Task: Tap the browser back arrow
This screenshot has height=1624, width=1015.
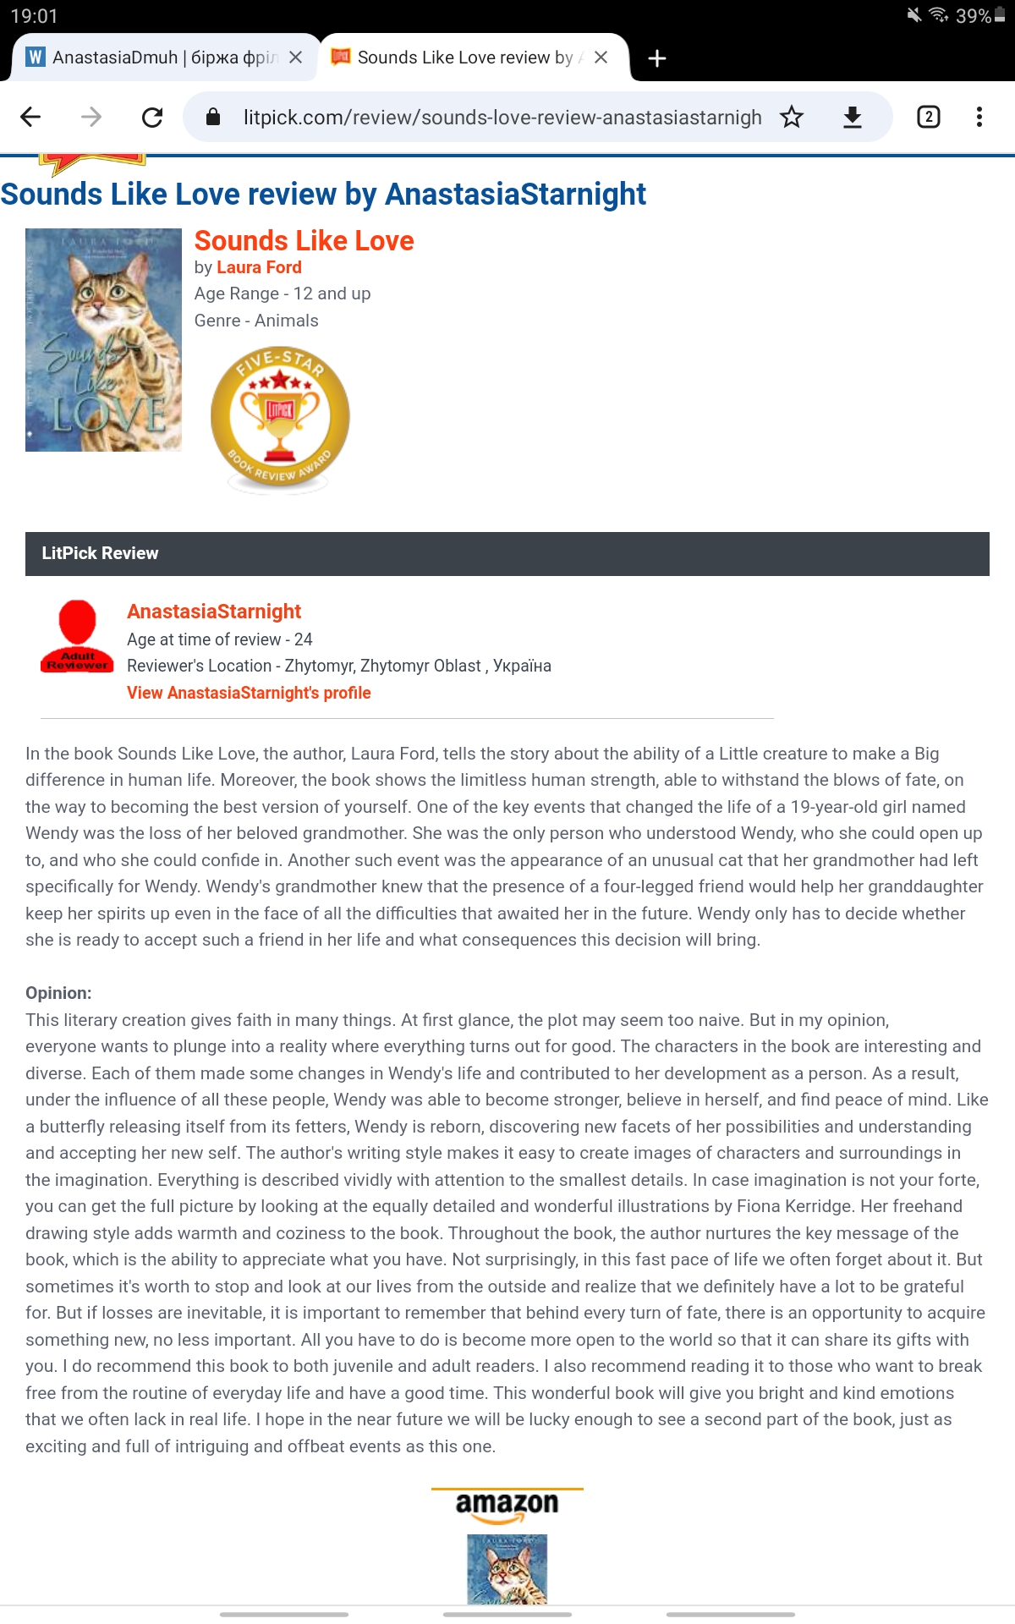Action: (x=30, y=117)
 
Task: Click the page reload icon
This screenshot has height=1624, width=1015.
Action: (x=152, y=117)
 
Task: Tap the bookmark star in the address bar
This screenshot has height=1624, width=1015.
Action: (x=792, y=117)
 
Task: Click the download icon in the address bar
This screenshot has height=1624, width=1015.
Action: (x=853, y=117)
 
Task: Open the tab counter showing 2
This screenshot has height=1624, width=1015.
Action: (x=928, y=117)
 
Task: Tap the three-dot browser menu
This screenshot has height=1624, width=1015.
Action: (x=979, y=117)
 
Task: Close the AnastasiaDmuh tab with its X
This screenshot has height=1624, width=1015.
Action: (x=295, y=58)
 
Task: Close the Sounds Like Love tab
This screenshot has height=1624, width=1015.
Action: (x=601, y=58)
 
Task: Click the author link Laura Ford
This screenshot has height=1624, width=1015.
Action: (x=259, y=267)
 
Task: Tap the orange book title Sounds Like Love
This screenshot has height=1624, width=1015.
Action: (x=304, y=241)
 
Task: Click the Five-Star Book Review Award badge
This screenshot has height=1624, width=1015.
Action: (x=280, y=418)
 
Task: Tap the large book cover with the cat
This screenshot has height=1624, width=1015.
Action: (x=103, y=340)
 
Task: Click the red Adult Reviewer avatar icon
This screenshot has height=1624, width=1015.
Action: (x=77, y=636)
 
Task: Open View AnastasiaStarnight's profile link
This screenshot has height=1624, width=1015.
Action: (x=249, y=693)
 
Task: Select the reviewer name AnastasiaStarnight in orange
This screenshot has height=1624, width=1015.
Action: (x=214, y=612)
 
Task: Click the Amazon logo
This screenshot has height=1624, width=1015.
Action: (x=507, y=1505)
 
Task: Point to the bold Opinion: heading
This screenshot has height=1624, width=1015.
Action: (x=58, y=993)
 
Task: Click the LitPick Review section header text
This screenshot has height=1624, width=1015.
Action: (x=100, y=553)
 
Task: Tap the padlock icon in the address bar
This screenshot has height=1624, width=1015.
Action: (x=213, y=117)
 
